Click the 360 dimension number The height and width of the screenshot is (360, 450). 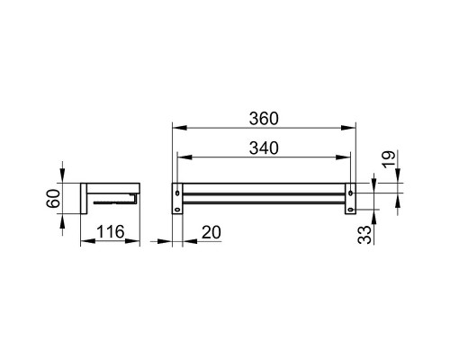coord(265,118)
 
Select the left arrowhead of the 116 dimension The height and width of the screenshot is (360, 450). coord(84,243)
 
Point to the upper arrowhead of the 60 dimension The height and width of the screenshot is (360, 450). coord(63,180)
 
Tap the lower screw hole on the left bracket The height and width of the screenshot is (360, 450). coord(178,210)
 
